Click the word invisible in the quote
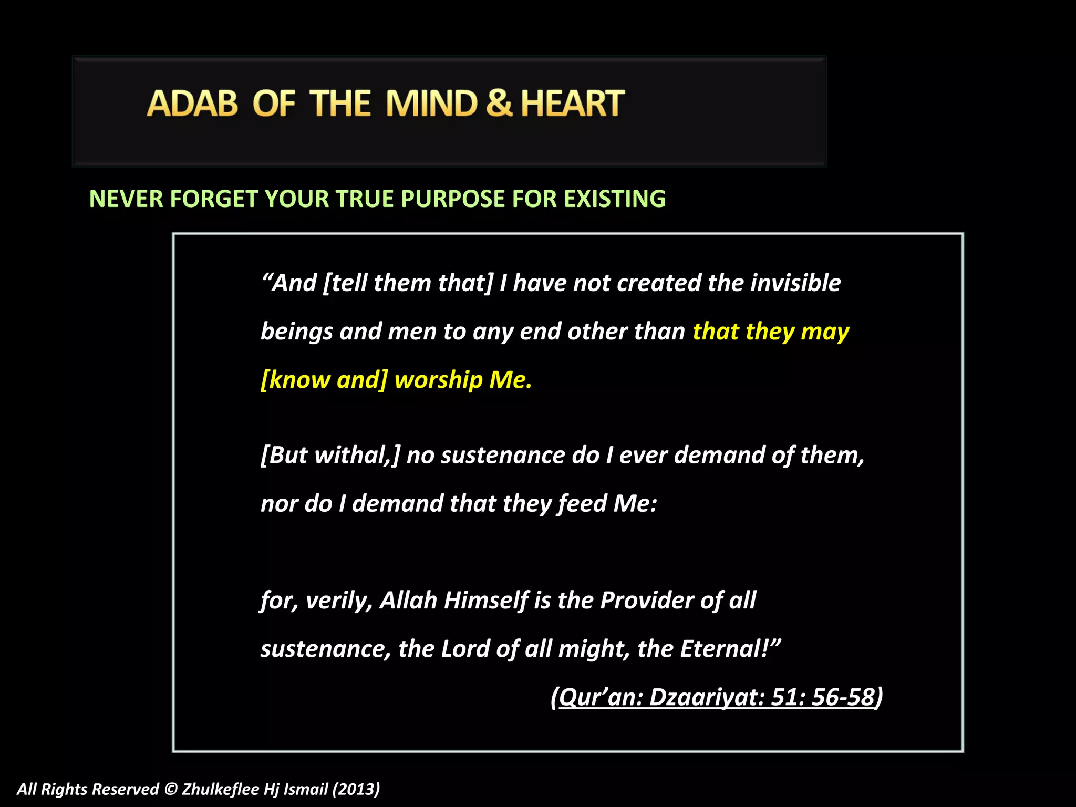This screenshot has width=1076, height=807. [795, 283]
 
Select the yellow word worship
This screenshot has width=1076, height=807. [438, 380]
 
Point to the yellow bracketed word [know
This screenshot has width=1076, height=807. [295, 380]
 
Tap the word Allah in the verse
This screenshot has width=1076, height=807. [408, 601]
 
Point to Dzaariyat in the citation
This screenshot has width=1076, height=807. [707, 698]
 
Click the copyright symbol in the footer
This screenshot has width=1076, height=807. [170, 789]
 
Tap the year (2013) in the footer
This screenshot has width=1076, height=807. [356, 789]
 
